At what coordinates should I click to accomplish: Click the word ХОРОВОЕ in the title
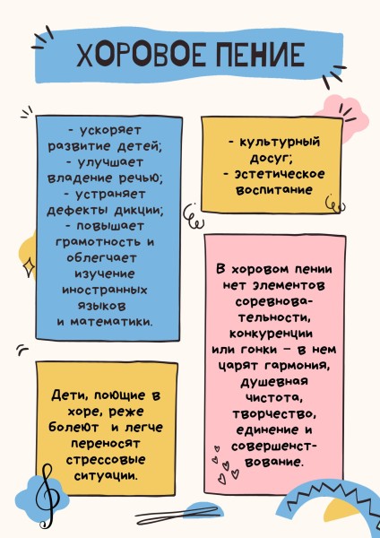tap(141, 55)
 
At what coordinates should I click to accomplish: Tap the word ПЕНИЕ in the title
tap(260, 55)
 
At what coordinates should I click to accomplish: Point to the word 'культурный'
tap(279, 142)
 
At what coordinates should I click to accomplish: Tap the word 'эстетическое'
tap(279, 174)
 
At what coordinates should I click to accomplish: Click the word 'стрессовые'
tap(106, 460)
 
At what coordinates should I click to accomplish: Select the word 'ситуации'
tap(107, 476)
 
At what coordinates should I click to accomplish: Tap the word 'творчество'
tap(274, 414)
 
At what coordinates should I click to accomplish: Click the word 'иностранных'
tap(105, 290)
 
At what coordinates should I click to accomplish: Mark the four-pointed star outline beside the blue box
tap(29, 266)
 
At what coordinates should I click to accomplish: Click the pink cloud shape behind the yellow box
tap(343, 113)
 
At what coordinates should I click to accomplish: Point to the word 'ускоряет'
tap(110, 131)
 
